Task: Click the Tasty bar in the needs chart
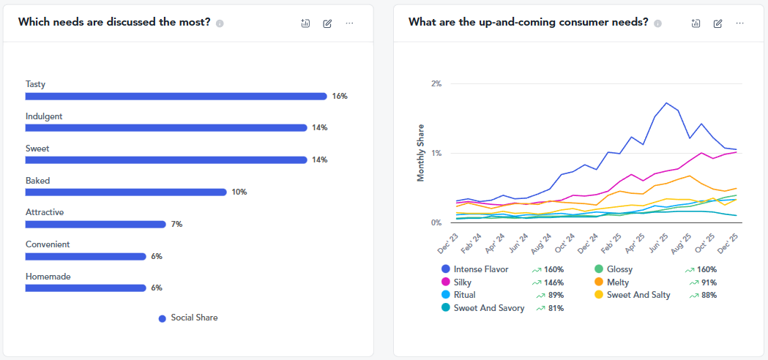(176, 96)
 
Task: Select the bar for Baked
(126, 192)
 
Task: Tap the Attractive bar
(95, 225)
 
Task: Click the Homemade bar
(86, 288)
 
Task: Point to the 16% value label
(340, 96)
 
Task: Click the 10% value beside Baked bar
(239, 192)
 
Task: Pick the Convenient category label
(48, 244)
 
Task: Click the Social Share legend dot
(163, 319)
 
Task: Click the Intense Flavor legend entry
(475, 269)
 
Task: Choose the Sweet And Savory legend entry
(483, 309)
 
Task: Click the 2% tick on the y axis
(436, 83)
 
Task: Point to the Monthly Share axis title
(421, 153)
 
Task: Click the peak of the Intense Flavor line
(666, 103)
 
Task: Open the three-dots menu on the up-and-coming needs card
(740, 23)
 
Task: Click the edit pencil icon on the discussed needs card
(327, 23)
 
